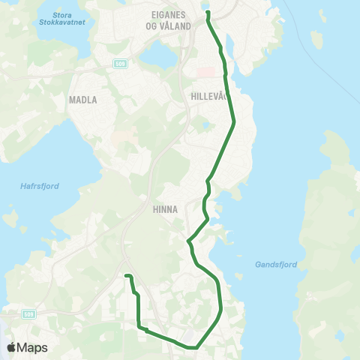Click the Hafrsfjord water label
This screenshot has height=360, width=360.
click(x=35, y=188)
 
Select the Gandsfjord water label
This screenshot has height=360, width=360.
click(x=277, y=264)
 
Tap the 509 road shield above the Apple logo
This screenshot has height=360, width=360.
click(x=28, y=313)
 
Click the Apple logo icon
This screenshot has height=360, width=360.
click(x=11, y=348)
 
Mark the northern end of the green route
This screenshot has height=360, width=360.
click(x=208, y=12)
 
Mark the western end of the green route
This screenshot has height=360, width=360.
click(x=127, y=276)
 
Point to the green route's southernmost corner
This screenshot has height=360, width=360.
click(x=196, y=348)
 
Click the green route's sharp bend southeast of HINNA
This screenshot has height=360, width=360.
click(x=187, y=241)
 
